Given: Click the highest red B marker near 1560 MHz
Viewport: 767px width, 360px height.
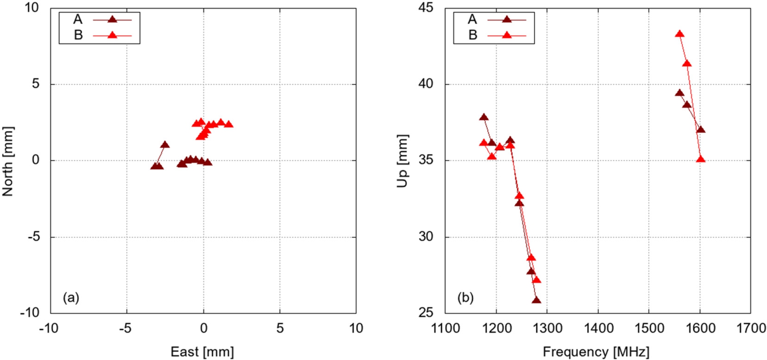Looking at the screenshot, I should click(x=679, y=34).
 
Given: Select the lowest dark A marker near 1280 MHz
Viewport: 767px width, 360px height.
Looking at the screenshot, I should click(x=536, y=300).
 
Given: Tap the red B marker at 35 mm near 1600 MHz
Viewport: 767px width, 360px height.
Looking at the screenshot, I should click(x=700, y=159).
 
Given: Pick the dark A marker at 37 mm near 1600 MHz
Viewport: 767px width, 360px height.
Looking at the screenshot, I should click(x=700, y=129).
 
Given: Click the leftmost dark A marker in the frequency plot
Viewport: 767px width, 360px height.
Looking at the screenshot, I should click(x=484, y=117).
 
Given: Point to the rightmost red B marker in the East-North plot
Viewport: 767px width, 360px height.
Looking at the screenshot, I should click(x=228, y=124).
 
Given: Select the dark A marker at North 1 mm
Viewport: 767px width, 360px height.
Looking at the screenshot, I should click(x=165, y=145).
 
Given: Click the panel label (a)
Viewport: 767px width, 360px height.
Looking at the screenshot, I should click(x=71, y=297).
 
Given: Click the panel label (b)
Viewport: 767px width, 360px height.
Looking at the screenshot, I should click(x=465, y=297).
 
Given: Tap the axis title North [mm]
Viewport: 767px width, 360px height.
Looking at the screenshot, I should click(x=7, y=161).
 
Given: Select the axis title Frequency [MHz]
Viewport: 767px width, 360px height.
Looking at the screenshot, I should click(x=596, y=352).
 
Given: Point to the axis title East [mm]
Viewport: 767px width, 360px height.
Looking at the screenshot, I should click(x=202, y=352).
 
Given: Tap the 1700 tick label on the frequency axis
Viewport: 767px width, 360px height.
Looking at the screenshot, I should click(x=750, y=328).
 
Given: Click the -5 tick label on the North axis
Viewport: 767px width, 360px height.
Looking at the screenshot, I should click(x=32, y=237).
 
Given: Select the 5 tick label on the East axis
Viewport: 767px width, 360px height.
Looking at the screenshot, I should click(x=280, y=328).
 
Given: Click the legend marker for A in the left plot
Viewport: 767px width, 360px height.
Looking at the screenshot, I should click(x=112, y=19).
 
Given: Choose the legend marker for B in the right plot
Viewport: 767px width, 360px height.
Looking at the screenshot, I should click(x=507, y=35).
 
